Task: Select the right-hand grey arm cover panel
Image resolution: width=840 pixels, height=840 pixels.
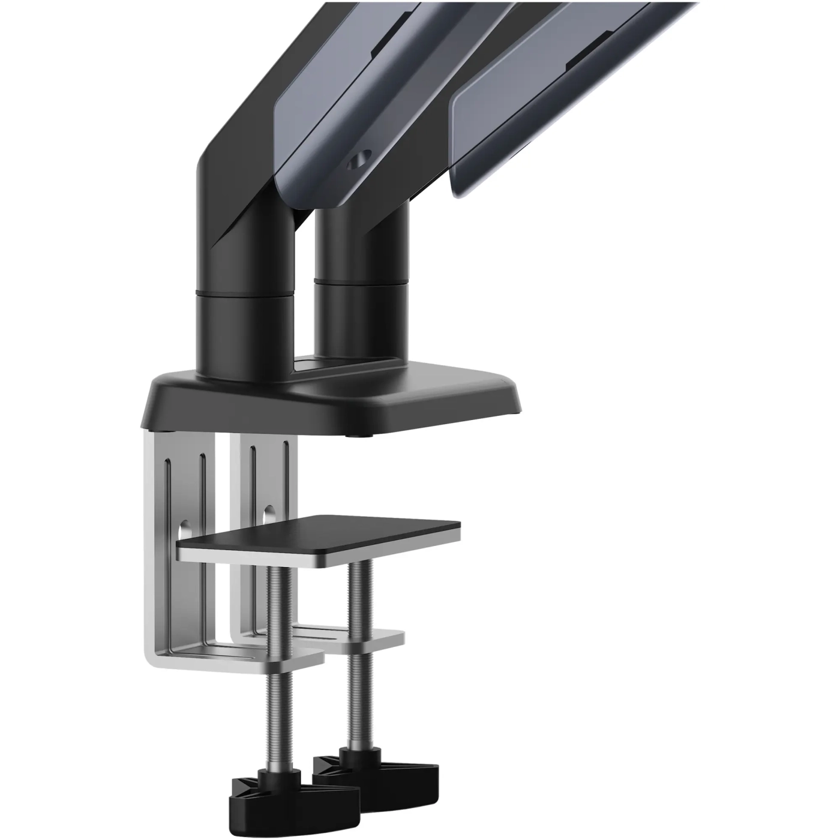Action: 540,108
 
